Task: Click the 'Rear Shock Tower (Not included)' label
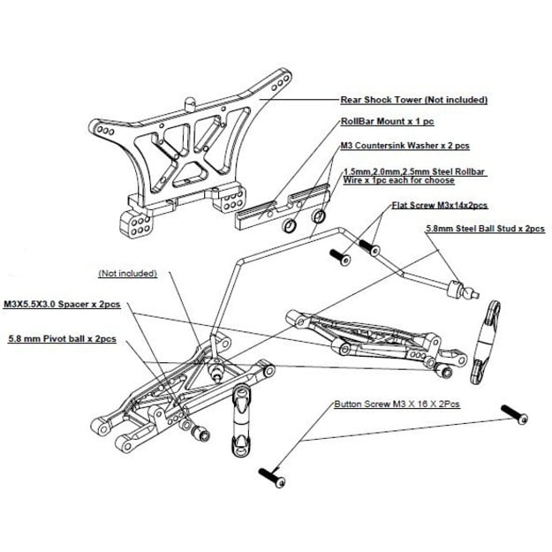tap(413, 101)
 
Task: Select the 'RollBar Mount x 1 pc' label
tap(389, 124)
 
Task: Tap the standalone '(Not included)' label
tap(128, 274)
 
